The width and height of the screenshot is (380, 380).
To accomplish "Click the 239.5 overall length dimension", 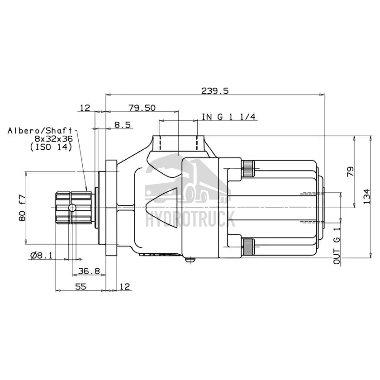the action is (x=215, y=91).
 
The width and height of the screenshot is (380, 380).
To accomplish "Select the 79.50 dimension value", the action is (x=142, y=108).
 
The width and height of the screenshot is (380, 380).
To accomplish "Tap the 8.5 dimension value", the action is (x=123, y=125).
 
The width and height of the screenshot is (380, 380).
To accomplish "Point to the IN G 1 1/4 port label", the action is (x=229, y=117).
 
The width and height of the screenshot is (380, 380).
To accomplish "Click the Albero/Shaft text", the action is (x=40, y=131).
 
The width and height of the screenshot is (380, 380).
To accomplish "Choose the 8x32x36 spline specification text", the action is (x=54, y=139).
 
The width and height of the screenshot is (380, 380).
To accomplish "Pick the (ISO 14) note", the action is (x=51, y=147).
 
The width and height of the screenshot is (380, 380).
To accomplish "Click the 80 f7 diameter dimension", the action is (x=22, y=208).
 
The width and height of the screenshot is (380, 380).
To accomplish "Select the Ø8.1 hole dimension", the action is (x=42, y=256).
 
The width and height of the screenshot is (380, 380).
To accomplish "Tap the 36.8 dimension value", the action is (x=89, y=271).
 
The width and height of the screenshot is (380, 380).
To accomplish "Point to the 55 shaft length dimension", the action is (x=81, y=287).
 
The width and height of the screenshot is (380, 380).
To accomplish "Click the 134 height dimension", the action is (x=367, y=196).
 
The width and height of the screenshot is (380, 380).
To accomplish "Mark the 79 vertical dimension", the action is (x=351, y=171).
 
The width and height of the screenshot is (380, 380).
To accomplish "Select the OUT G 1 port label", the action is (x=337, y=246).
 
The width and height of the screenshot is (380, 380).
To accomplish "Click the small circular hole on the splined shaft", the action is (x=72, y=208).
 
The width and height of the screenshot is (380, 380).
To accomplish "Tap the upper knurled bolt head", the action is (x=249, y=169).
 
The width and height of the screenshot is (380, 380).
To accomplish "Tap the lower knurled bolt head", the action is (x=249, y=247).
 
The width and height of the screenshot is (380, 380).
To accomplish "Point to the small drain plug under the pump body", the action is (x=190, y=260).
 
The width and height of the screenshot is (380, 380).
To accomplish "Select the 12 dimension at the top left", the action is (x=85, y=108).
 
